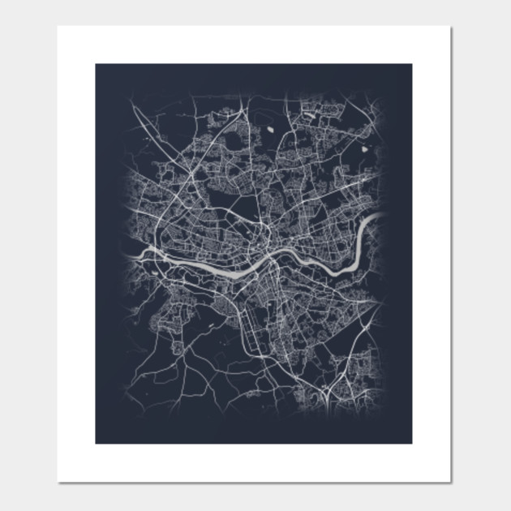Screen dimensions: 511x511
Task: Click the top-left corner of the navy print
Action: click(x=96, y=65)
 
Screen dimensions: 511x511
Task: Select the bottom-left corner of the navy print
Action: click(x=96, y=443)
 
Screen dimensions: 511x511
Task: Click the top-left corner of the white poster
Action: click(x=58, y=26)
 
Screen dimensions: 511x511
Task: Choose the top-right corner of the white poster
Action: click(x=450, y=26)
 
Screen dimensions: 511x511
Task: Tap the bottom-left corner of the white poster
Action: click(x=58, y=482)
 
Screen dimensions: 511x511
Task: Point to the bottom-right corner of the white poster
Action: click(x=450, y=482)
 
